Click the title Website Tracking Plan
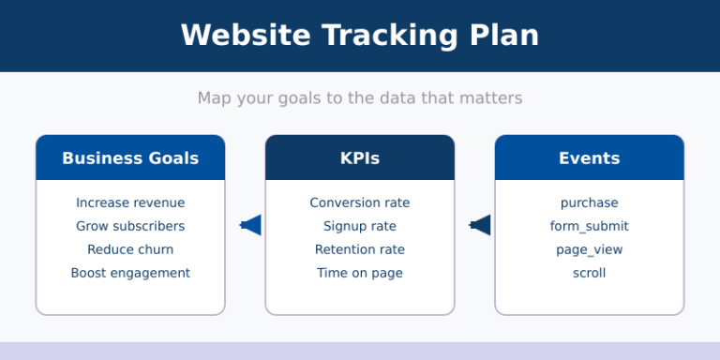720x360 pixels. (360, 36)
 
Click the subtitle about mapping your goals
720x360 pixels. (360, 97)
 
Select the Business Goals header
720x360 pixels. (130, 158)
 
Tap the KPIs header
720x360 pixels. (360, 158)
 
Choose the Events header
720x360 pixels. (589, 158)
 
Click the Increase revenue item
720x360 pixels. (130, 202)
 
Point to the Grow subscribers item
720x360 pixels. (130, 226)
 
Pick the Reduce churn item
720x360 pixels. (130, 249)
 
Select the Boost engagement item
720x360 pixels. (130, 273)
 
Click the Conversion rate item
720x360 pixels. (360, 202)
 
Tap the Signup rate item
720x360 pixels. (360, 226)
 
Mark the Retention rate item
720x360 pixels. (360, 249)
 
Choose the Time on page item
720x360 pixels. (360, 273)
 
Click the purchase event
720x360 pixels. (589, 202)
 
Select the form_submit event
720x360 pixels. (589, 226)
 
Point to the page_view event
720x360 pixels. (589, 249)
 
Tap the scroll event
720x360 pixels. (589, 273)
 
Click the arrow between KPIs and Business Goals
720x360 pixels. (250, 225)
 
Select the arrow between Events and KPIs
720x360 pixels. (480, 225)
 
